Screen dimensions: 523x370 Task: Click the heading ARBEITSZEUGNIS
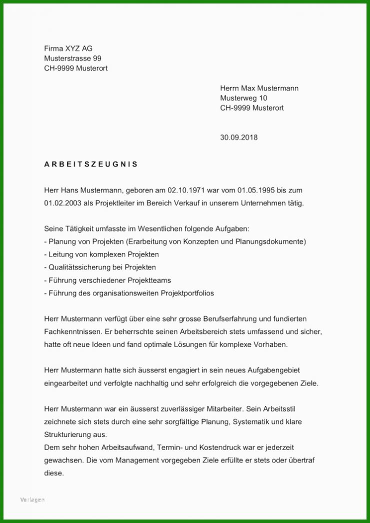click(91, 164)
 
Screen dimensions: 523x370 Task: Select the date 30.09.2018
click(238, 137)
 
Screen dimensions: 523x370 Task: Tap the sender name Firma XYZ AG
click(68, 48)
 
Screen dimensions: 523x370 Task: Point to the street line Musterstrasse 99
click(72, 58)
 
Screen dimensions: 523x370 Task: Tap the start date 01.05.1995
click(256, 190)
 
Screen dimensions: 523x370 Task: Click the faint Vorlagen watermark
click(32, 500)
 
